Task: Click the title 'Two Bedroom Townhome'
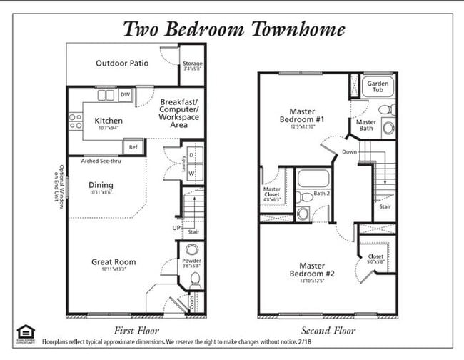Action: point(234,29)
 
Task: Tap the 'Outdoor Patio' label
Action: point(122,64)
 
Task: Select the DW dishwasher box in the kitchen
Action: point(125,95)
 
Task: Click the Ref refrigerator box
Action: point(132,147)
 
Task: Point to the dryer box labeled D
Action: point(191,155)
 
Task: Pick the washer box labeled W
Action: point(191,174)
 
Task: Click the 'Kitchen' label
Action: point(108,121)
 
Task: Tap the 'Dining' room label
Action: point(101,185)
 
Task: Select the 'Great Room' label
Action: point(113,262)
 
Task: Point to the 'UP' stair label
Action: point(176,228)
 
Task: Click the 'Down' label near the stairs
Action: point(350,152)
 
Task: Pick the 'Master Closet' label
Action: point(272,193)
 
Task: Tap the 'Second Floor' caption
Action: point(328,330)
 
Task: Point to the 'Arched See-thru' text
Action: point(101,161)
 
